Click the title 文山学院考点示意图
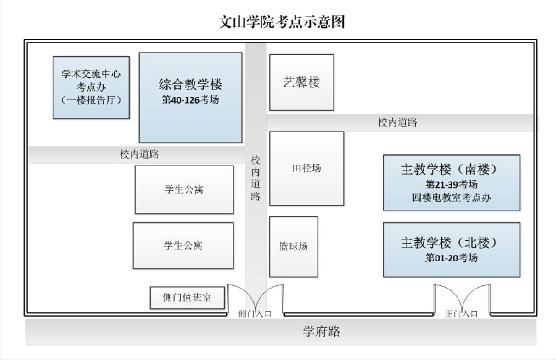(282, 22)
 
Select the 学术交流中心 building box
(91, 87)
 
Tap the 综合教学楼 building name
(190, 85)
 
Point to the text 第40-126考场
(190, 99)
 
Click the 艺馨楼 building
(301, 82)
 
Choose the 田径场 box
(306, 169)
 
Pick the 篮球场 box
(293, 246)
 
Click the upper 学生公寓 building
(184, 190)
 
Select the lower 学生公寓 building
(183, 246)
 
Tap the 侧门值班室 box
(187, 298)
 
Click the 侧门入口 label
(255, 314)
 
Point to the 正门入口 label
(461, 314)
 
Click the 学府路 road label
(322, 332)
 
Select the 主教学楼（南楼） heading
(451, 169)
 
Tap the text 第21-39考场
(452, 184)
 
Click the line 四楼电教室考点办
(452, 198)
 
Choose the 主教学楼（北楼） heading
(451, 243)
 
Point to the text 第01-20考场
(452, 257)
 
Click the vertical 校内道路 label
(256, 178)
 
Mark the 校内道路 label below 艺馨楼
(397, 123)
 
